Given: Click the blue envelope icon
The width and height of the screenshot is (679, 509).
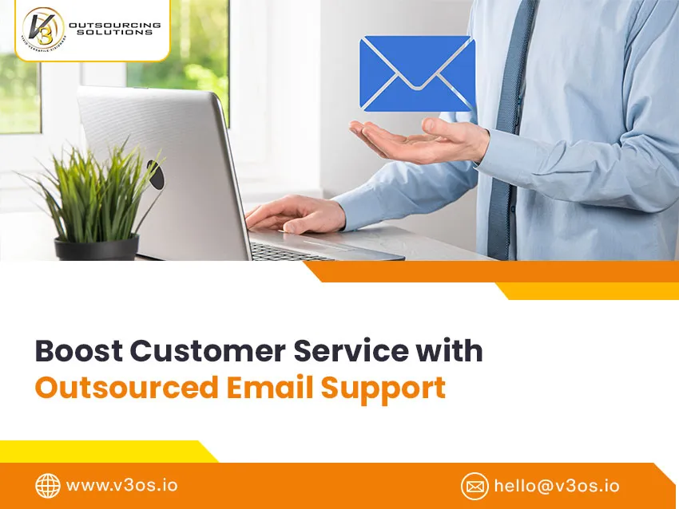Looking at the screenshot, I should tap(417, 73).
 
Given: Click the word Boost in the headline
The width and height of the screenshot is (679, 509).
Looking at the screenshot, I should tap(77, 351).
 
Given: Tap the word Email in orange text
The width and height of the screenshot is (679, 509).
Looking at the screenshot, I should tap(269, 387).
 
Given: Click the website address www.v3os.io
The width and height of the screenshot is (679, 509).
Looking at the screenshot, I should tap(121, 485).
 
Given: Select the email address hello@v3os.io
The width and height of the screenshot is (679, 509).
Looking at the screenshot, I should tap(556, 485).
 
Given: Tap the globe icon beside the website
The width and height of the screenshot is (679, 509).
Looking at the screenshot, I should tap(48, 485).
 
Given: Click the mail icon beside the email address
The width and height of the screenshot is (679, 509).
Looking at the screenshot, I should tap(475, 485).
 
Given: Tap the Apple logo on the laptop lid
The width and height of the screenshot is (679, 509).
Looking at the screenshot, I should tap(154, 174).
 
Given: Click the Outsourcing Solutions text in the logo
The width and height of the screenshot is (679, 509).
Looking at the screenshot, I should tap(114, 28).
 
